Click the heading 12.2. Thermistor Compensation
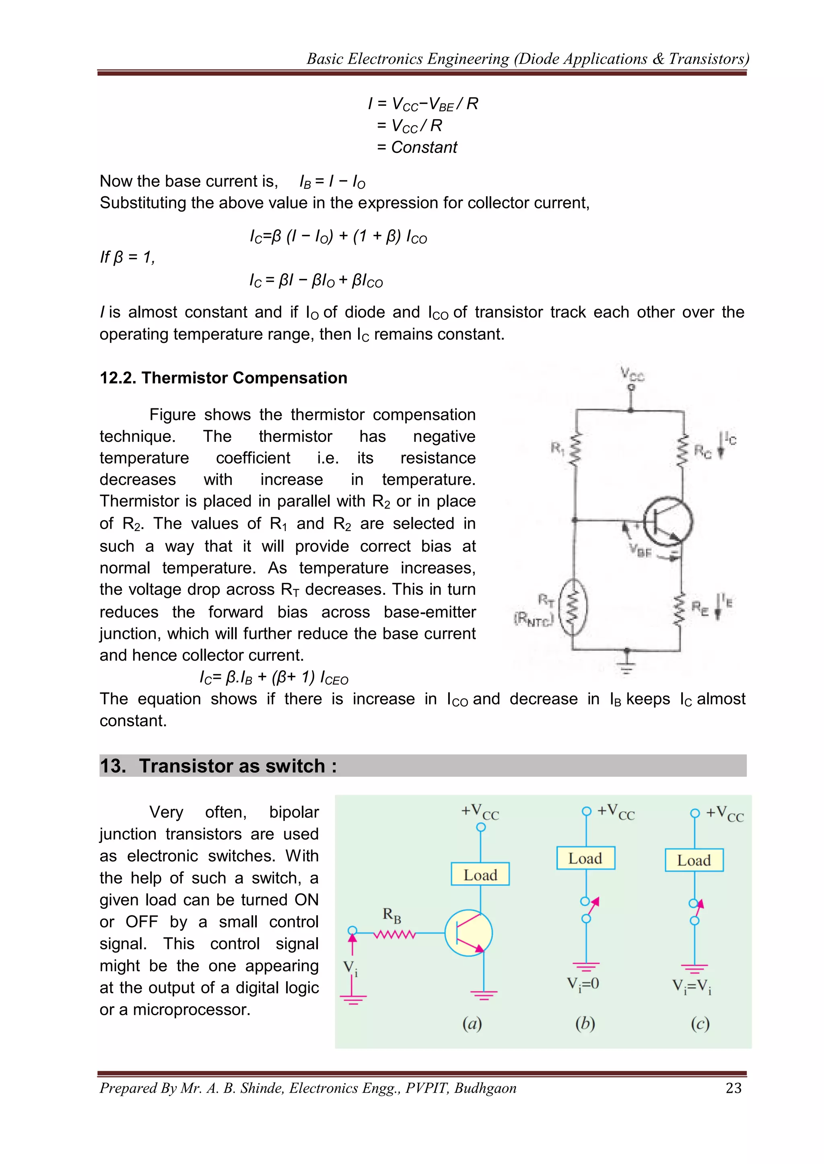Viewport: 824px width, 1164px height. (x=223, y=378)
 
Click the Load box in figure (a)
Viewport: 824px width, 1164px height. (x=480, y=874)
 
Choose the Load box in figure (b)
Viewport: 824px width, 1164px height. (x=585, y=858)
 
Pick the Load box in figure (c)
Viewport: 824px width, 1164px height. (x=694, y=860)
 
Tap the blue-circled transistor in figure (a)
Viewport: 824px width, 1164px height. (x=468, y=933)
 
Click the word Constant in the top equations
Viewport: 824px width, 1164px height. (x=424, y=148)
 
